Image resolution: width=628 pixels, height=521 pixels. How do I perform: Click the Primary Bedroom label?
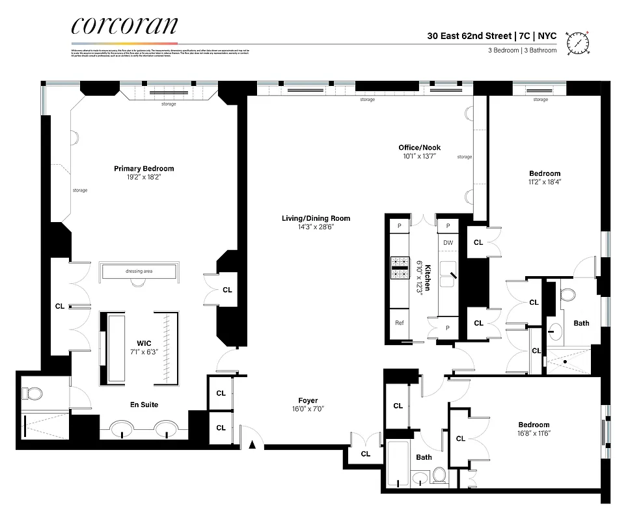[x=144, y=169]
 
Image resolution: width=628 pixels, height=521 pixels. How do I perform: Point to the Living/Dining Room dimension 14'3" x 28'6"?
[x=316, y=227]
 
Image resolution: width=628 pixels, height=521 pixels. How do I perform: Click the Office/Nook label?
[x=419, y=148]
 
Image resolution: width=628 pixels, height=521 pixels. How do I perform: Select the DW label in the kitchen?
[x=448, y=243]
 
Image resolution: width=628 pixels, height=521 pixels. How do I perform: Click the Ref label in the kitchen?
[x=399, y=323]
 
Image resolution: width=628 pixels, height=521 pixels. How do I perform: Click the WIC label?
[x=144, y=342]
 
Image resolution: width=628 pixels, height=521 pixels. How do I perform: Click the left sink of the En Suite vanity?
[x=120, y=430]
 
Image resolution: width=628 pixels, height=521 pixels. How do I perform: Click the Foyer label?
[x=307, y=401]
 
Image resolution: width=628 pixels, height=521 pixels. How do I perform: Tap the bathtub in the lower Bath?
[x=398, y=463]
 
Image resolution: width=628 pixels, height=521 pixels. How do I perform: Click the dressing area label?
[x=138, y=271]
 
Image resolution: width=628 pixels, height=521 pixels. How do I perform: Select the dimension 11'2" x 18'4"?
[x=544, y=182]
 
